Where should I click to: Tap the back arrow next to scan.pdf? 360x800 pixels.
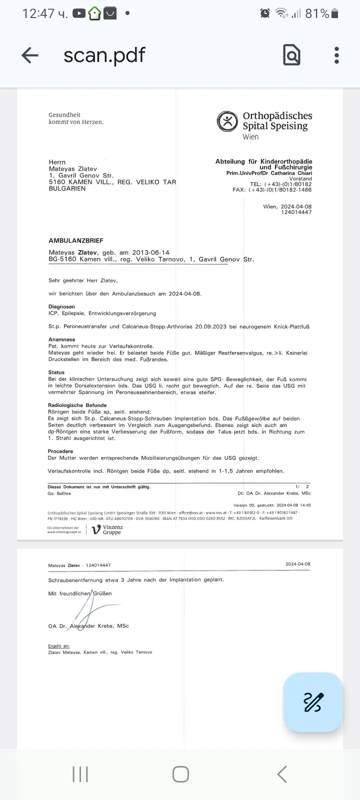click(30, 55)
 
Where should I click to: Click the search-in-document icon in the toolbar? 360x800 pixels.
click(291, 55)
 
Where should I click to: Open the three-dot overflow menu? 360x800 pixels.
click(336, 55)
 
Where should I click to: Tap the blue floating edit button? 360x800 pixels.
click(313, 702)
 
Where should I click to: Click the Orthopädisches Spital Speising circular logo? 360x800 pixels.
click(227, 121)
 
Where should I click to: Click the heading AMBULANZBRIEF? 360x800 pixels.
click(76, 240)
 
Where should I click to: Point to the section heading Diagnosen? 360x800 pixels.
click(61, 306)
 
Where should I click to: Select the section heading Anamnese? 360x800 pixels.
click(61, 339)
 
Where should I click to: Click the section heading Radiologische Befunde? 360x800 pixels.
click(77, 405)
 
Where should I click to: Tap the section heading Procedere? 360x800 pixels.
click(60, 451)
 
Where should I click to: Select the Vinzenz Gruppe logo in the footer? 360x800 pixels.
click(107, 529)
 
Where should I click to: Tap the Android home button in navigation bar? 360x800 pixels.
click(180, 774)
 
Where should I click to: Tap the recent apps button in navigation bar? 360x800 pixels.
click(80, 774)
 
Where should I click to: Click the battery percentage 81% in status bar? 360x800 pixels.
click(317, 13)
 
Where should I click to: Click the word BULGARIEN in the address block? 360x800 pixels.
click(67, 188)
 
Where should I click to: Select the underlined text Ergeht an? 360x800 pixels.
click(58, 646)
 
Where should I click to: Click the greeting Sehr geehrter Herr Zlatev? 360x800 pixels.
click(83, 280)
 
